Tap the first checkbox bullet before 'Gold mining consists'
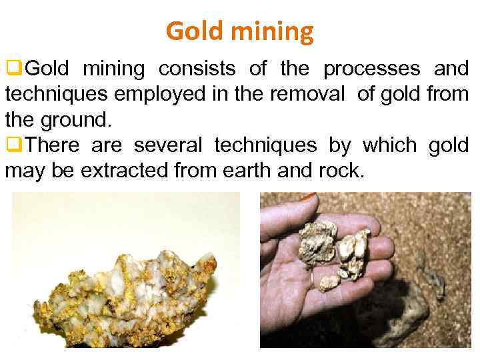pos(12,69)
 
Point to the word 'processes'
pos(372,69)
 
